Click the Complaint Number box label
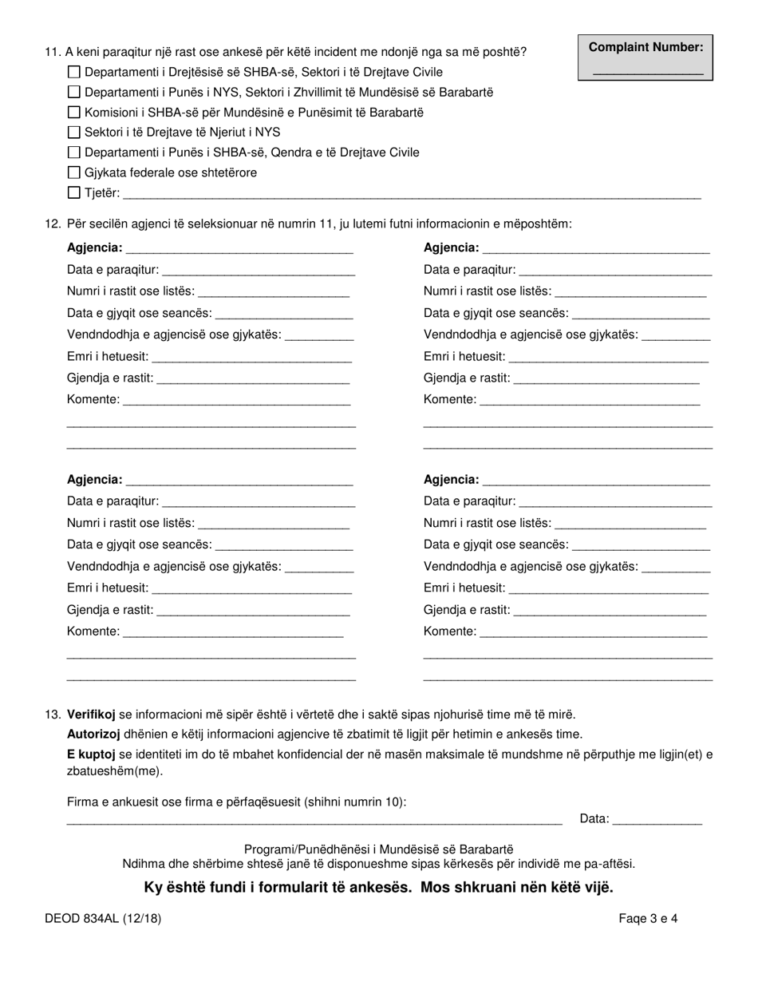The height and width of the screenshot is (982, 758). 645,47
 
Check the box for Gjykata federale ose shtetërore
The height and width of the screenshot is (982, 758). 74,172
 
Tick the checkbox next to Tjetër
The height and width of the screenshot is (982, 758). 74,192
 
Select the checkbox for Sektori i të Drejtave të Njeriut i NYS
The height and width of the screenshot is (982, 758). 74,133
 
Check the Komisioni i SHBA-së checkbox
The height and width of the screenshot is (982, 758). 74,113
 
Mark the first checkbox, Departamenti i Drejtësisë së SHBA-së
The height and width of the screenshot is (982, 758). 74,73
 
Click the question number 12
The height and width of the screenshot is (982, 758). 52,224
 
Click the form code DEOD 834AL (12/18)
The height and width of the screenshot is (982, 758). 103,918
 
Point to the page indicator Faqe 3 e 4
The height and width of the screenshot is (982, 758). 648,918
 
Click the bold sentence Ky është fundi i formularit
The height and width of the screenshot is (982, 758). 378,888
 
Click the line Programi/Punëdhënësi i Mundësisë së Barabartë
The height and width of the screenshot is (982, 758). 378,849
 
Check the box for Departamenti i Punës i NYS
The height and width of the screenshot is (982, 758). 74,93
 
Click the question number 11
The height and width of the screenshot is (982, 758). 52,53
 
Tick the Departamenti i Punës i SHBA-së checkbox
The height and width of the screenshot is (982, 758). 74,152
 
